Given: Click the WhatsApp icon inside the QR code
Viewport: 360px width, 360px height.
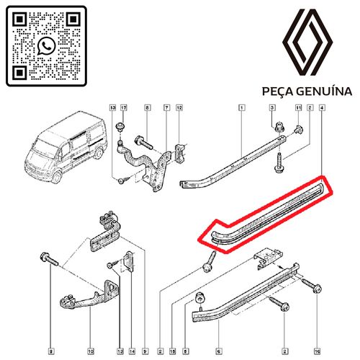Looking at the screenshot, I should coord(47,46).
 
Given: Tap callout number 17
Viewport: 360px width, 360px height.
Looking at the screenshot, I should coord(122,108).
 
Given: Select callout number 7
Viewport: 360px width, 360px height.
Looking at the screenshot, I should coord(166,108).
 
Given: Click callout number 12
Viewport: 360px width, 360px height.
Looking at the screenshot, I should coord(180,108).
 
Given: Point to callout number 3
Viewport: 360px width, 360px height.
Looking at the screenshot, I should coord(273,108).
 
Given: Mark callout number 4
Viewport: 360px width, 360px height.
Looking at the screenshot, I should coord(321,108).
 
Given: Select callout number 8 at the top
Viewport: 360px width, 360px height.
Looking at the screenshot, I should coord(147,108).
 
